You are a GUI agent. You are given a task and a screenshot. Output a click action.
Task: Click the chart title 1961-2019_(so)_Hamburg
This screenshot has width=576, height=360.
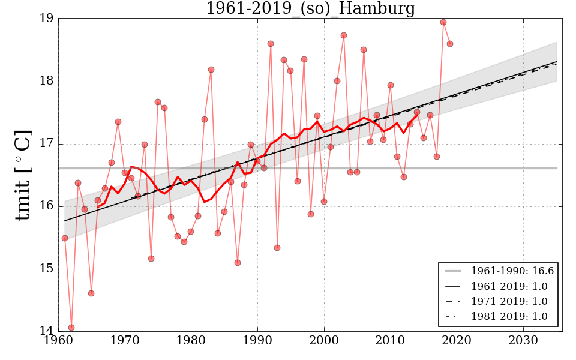tap(310, 8)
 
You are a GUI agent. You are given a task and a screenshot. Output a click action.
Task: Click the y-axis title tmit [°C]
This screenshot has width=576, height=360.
tap(23, 175)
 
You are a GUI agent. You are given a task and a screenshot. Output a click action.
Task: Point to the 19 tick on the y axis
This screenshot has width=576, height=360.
tap(47, 19)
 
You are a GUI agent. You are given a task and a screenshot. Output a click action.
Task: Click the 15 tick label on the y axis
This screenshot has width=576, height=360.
tap(47, 269)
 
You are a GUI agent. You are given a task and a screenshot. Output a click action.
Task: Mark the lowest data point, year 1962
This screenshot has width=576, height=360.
tap(71, 328)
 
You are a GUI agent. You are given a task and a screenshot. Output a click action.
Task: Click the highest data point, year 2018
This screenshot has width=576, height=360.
tap(443, 22)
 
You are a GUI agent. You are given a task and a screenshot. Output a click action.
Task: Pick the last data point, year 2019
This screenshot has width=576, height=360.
tap(450, 44)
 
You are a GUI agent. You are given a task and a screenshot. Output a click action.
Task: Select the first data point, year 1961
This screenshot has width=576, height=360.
tap(65, 238)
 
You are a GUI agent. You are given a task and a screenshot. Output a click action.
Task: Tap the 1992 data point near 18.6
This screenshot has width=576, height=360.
tap(271, 44)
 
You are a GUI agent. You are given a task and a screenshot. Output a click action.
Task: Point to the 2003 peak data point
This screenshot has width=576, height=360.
tap(344, 35)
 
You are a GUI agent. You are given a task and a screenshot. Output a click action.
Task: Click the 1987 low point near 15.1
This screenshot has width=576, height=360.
tap(238, 263)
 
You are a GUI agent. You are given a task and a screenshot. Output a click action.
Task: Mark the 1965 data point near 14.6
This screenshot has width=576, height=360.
tap(91, 293)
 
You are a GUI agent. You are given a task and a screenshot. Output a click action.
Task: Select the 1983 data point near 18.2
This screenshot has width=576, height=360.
tap(211, 70)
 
